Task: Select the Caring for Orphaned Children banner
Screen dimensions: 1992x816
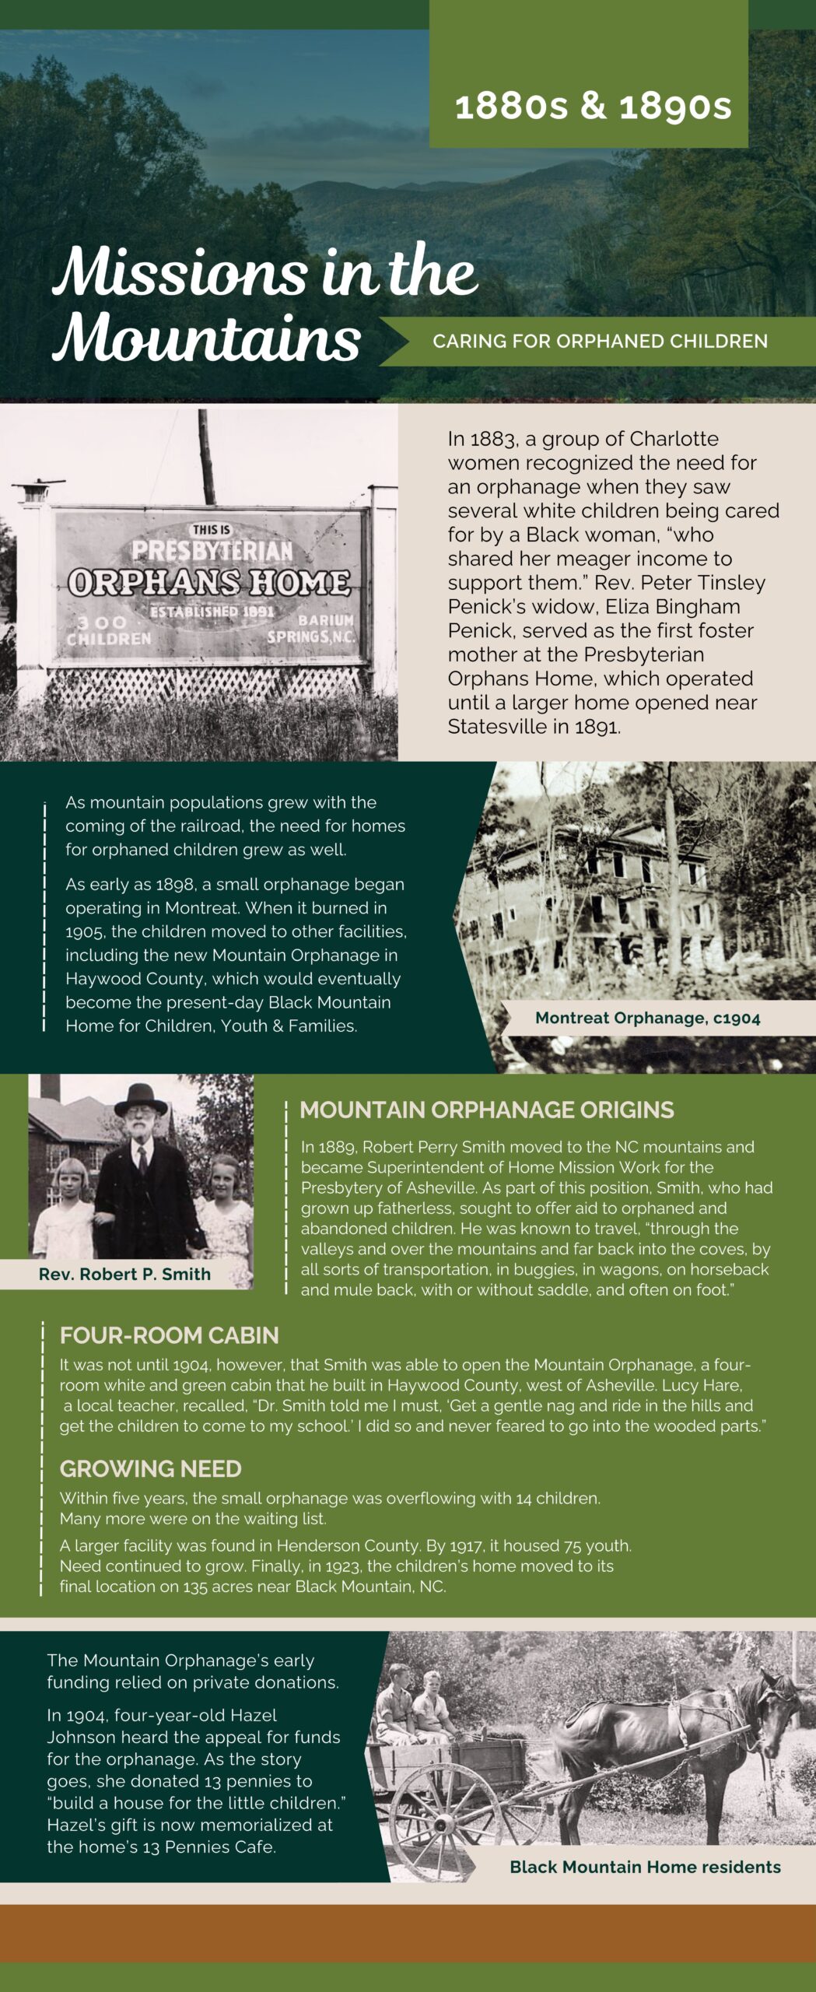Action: pos(600,341)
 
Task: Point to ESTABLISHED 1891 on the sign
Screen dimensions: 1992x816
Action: pos(212,612)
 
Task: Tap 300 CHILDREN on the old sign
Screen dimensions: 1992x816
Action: pos(107,630)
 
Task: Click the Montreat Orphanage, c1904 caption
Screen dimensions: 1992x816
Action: pos(647,1018)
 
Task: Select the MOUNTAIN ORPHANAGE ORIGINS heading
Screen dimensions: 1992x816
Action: pos(486,1110)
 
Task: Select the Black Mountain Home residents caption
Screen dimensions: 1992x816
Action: pos(645,1867)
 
